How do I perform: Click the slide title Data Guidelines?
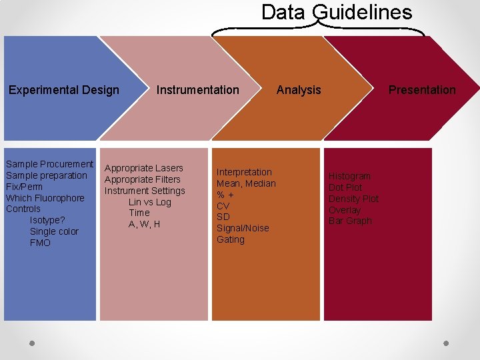click(x=337, y=12)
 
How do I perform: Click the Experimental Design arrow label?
click(x=64, y=90)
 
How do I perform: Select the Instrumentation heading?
click(x=197, y=90)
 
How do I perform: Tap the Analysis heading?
click(x=299, y=90)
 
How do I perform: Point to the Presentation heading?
click(x=422, y=90)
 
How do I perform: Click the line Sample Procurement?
click(x=49, y=164)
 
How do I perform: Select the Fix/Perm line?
click(x=24, y=187)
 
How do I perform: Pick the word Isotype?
click(x=47, y=220)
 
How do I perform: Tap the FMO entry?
click(x=40, y=243)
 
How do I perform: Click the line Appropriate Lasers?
click(x=144, y=168)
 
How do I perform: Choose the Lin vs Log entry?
click(x=149, y=202)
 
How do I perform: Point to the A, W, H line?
click(x=144, y=224)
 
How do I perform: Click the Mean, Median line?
click(x=246, y=183)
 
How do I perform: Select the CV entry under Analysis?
click(x=223, y=206)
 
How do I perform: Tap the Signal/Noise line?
click(x=243, y=228)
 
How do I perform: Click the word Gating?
click(x=231, y=239)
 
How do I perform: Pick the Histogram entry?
click(x=349, y=176)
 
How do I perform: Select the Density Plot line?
click(x=353, y=199)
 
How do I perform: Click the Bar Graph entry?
click(x=350, y=221)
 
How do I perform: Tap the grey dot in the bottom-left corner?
click(x=31, y=343)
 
